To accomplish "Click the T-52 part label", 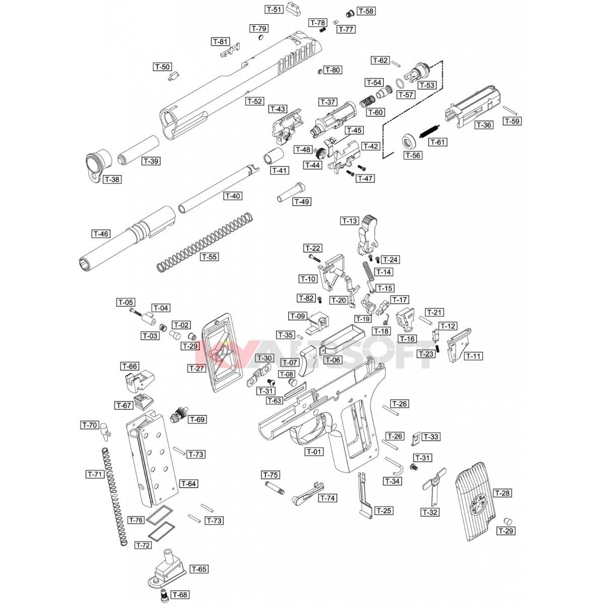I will pyautogui.click(x=255, y=101).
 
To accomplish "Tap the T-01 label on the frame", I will pyautogui.click(x=314, y=451).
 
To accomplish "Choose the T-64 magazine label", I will pyautogui.click(x=188, y=484).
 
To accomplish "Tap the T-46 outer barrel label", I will pyautogui.click(x=101, y=234).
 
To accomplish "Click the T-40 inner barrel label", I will pyautogui.click(x=233, y=196).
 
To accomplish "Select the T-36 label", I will pyautogui.click(x=484, y=125).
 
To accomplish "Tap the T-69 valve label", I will pyautogui.click(x=198, y=419).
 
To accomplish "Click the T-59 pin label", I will pyautogui.click(x=512, y=121).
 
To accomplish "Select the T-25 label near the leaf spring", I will pyautogui.click(x=384, y=510).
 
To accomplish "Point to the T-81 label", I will pyautogui.click(x=220, y=41).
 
